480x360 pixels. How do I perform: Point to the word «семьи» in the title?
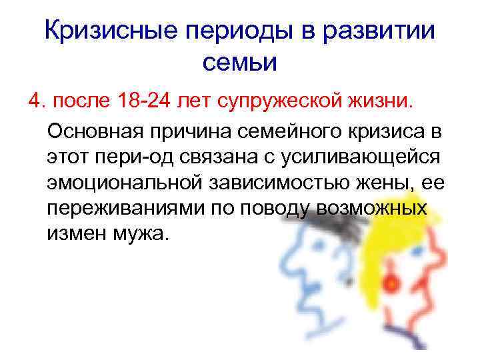point(238,63)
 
